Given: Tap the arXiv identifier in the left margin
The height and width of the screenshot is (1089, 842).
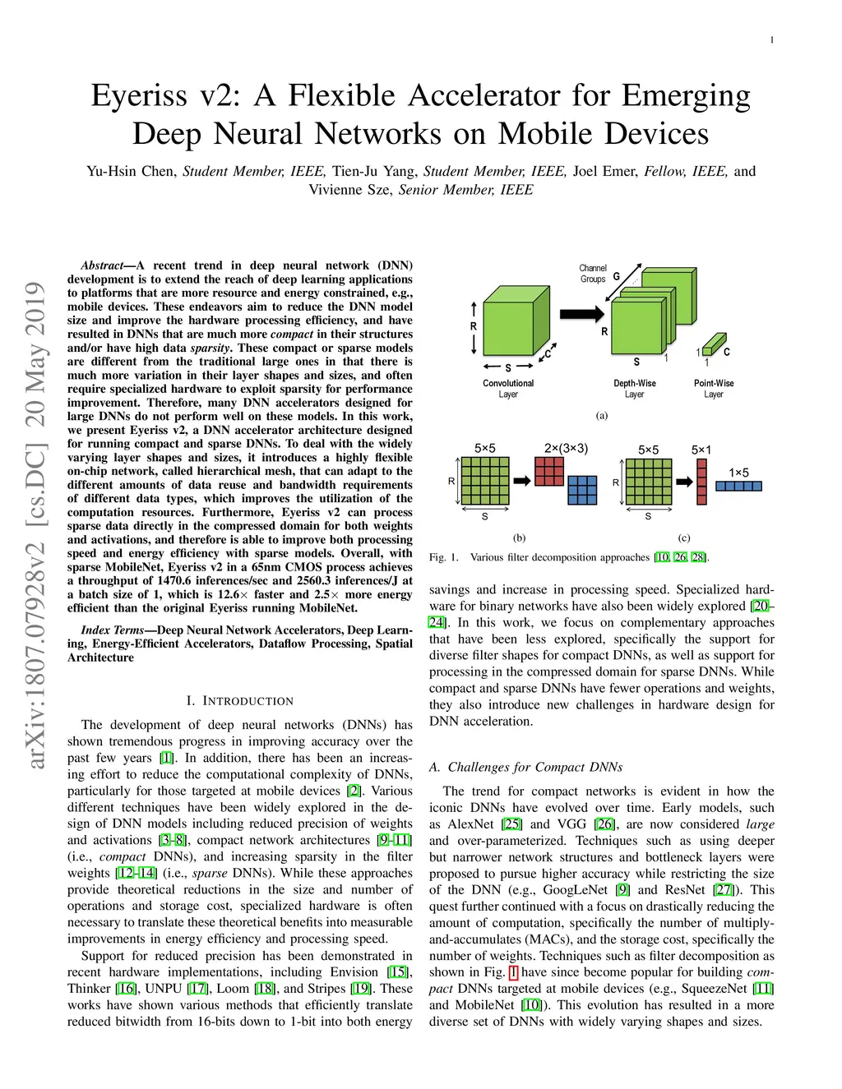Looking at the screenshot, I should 35,526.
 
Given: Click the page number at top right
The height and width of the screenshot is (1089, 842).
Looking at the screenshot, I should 771,40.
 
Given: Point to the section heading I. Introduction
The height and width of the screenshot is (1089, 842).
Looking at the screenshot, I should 239,701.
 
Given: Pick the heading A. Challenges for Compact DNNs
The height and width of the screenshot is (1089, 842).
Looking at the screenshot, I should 525,767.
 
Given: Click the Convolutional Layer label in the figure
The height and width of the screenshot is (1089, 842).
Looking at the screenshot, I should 508,389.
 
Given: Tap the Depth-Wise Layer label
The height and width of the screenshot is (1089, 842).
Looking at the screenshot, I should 634,389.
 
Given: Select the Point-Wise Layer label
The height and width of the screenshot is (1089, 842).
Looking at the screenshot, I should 714,389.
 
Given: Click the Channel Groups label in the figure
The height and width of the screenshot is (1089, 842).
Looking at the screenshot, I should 592,274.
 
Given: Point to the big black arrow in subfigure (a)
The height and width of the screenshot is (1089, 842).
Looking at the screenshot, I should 581,314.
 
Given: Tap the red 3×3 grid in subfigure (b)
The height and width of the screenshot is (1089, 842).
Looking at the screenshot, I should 549,471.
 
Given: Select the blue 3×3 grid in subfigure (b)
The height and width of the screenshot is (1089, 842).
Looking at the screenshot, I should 582,490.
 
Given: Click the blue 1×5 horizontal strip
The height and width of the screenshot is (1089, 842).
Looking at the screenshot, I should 738,486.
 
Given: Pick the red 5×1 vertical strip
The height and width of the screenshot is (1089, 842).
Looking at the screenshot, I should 701,481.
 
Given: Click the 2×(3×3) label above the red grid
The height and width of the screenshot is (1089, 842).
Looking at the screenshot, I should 566,449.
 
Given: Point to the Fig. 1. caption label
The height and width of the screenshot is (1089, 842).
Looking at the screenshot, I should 444,557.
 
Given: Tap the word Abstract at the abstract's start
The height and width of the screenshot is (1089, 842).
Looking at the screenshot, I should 102,265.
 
